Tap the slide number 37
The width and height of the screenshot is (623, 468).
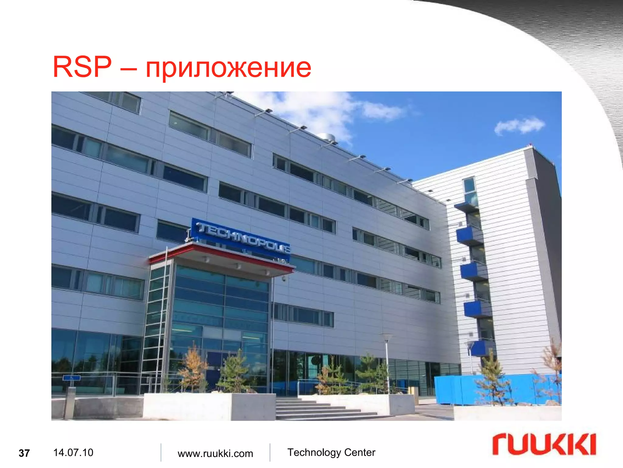pos(24,453)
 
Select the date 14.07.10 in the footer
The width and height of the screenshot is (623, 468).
pos(73,452)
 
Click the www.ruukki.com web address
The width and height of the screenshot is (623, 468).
pos(215,453)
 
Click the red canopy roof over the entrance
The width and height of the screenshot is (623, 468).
pos(222,256)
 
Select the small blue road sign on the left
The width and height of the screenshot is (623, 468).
pos(72,378)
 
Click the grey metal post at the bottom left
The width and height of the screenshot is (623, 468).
pos(70,402)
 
